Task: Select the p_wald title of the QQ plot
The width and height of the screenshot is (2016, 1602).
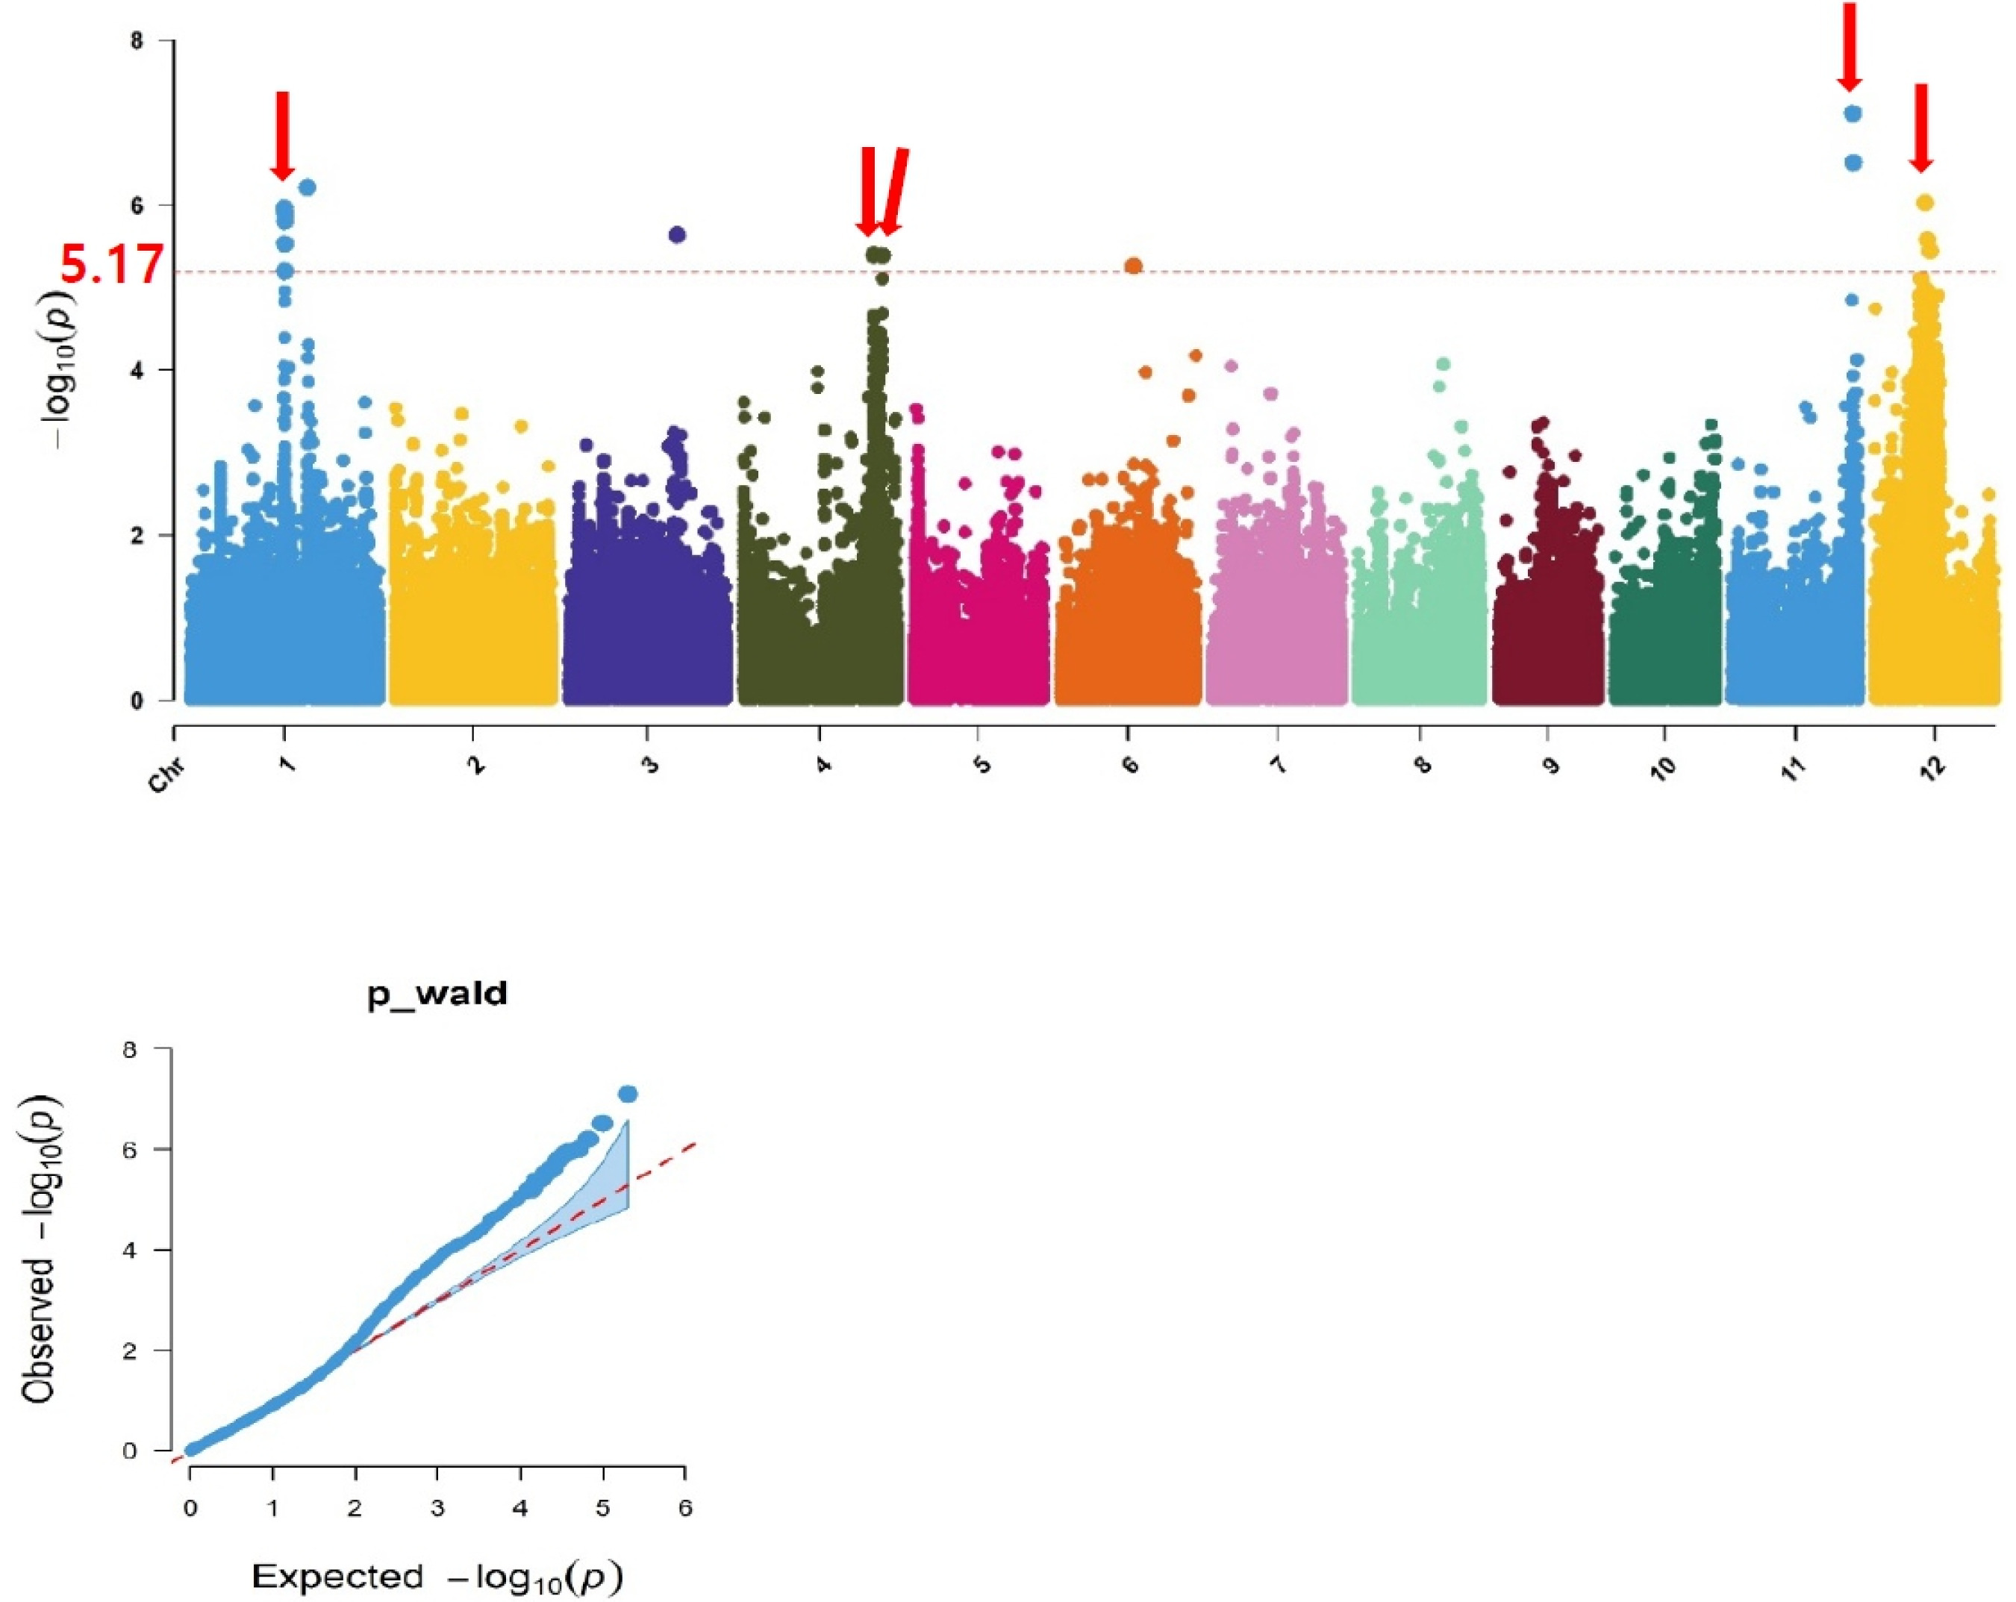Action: point(437,994)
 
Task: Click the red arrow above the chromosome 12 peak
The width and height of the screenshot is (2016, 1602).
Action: point(1920,140)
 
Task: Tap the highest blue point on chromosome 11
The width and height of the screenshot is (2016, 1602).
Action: point(1853,114)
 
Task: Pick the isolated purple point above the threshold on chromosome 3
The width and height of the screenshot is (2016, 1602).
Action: point(677,234)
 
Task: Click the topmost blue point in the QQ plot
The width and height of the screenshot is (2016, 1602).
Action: point(628,1094)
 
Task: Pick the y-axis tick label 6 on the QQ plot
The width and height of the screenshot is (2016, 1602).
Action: point(130,1150)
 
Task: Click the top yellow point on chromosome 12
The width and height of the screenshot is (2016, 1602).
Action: point(1923,203)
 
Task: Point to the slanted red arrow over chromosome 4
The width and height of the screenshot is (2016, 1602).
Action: point(894,192)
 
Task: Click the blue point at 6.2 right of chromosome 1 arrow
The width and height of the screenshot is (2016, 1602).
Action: point(308,187)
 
